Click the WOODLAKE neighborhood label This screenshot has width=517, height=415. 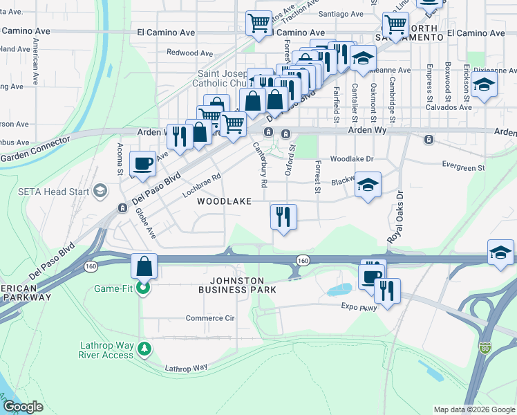tap(224, 201)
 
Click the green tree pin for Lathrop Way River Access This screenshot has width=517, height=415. tap(143, 347)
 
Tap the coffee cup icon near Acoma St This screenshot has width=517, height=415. tap(143, 165)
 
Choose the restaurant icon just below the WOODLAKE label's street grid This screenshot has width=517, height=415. tap(283, 217)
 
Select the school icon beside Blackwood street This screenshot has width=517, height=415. tap(368, 185)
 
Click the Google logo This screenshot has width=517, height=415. tap(23, 407)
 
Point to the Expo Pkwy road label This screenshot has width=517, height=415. tap(359, 307)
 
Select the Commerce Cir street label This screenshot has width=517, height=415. tap(210, 318)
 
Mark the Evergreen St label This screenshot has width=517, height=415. tap(463, 167)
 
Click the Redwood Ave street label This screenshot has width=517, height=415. tap(190, 53)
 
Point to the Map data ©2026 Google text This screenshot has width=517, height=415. tap(473, 409)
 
